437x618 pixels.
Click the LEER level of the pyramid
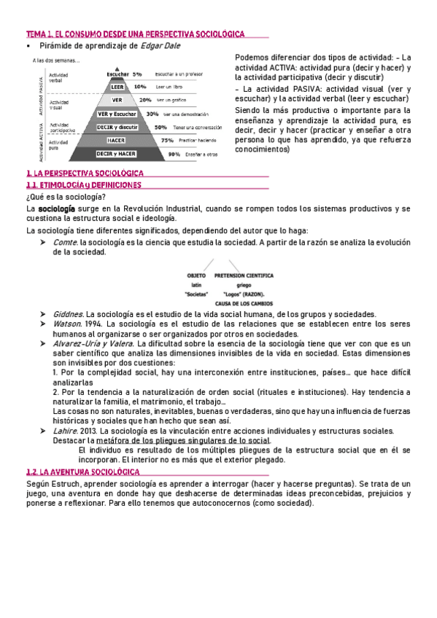(117, 87)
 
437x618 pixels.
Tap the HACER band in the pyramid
(116, 140)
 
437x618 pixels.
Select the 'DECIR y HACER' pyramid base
(116, 154)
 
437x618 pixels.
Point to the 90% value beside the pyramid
(174, 154)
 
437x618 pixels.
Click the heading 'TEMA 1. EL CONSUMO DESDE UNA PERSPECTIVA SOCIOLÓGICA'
(135, 34)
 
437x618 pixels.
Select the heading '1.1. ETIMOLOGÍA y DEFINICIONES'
(82, 186)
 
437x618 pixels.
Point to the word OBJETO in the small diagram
(197, 276)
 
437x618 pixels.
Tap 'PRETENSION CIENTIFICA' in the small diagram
(244, 276)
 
